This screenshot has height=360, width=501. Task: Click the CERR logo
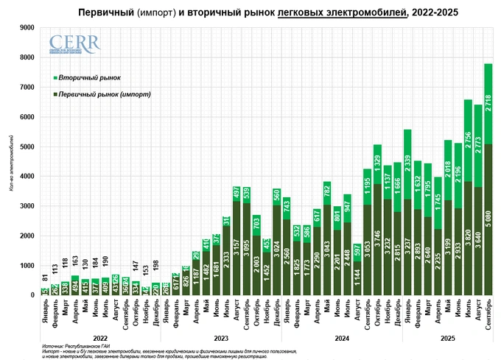[74, 45]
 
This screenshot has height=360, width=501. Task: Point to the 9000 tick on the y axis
[27, 27]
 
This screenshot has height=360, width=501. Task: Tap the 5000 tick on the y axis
[27, 147]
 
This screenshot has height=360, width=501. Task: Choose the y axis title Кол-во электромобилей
[10, 161]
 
